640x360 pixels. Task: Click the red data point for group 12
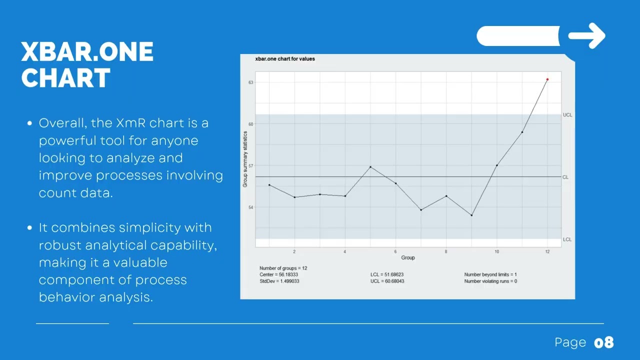[x=547, y=79]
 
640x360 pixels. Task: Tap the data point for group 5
[x=370, y=167]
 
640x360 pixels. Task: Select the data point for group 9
[x=471, y=215]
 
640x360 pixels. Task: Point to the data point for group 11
[x=522, y=132]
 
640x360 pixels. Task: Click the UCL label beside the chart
[x=567, y=115]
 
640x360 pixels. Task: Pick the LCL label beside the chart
[x=567, y=239]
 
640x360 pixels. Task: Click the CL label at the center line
[x=565, y=177]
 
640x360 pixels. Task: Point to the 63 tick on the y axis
[x=250, y=82]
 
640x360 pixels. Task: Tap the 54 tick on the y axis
[x=250, y=207]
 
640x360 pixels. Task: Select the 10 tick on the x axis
[x=496, y=251]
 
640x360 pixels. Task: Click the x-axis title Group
[x=408, y=257]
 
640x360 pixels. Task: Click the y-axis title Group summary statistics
[x=245, y=159]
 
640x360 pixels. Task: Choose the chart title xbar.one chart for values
[x=285, y=59]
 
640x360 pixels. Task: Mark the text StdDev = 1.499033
[x=279, y=281]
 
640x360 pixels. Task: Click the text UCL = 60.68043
[x=387, y=281]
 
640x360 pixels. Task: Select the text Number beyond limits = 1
[x=490, y=274]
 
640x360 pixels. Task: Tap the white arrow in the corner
[x=587, y=36]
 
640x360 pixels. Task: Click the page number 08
[x=603, y=342]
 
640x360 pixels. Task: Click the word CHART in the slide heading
[x=65, y=78]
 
